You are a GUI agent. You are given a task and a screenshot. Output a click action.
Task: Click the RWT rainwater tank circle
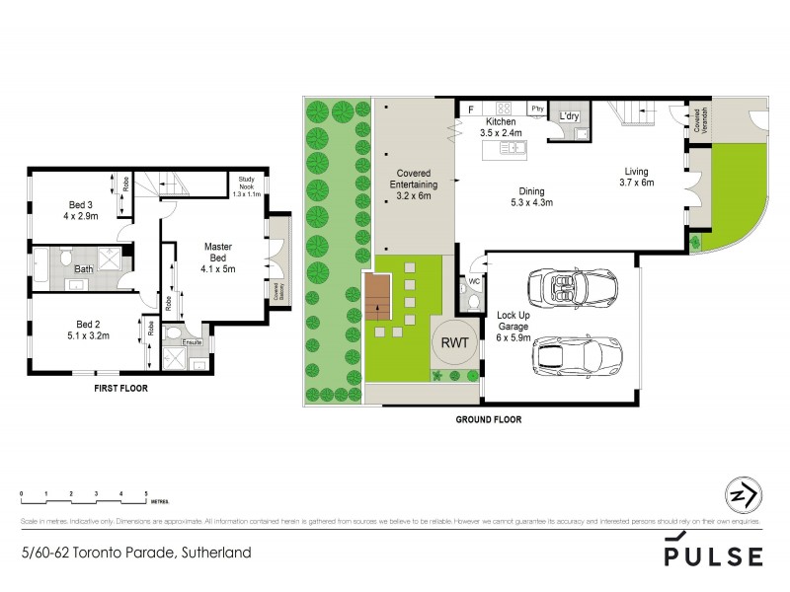[455, 344]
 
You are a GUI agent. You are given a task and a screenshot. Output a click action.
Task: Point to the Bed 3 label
[70, 204]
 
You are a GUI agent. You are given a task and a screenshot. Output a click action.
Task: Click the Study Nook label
[242, 182]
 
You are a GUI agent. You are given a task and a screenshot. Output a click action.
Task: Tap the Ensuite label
[194, 342]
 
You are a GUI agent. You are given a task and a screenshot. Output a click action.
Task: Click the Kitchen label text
[502, 121]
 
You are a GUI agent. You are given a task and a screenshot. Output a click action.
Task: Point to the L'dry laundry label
[570, 117]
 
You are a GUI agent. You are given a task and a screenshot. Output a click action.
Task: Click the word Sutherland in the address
[214, 553]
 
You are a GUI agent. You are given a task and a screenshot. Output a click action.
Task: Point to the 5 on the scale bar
[146, 491]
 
